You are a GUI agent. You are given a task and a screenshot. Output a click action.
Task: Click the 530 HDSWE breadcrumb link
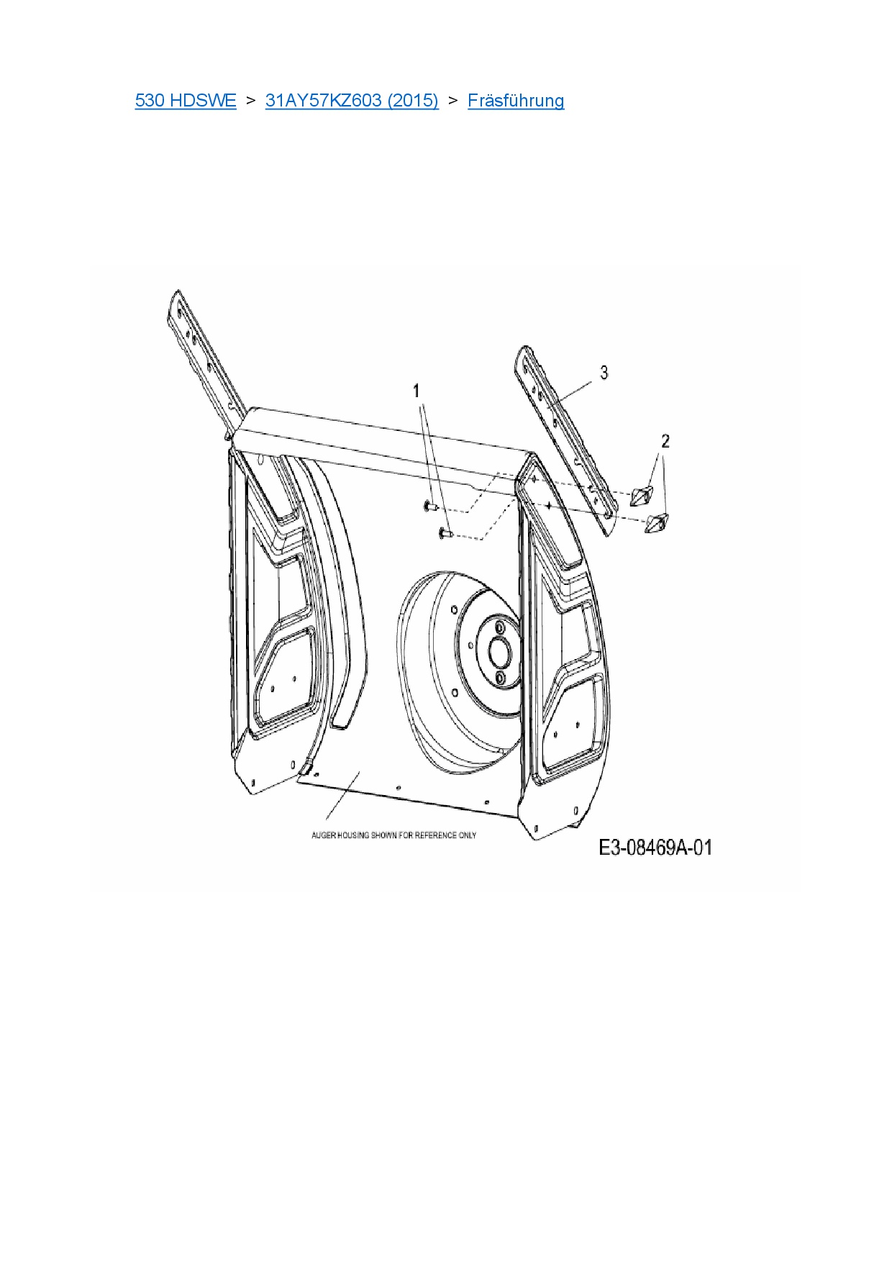click(185, 100)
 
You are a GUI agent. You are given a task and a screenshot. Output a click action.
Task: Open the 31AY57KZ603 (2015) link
click(352, 100)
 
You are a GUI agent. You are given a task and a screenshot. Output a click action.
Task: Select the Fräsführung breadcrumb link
click(515, 100)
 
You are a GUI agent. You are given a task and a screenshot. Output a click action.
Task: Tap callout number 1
click(416, 391)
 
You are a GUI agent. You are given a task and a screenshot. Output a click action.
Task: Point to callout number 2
click(665, 440)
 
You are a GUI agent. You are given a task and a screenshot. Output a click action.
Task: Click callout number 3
click(604, 372)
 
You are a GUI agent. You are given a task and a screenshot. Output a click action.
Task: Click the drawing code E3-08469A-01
click(655, 848)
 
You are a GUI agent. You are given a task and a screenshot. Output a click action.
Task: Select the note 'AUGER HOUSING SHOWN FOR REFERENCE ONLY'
click(393, 835)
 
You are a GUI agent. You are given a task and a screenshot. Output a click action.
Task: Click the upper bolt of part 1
click(429, 507)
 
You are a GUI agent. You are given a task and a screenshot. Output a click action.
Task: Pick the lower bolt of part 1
click(443, 533)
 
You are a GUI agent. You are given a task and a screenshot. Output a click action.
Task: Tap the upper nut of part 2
click(640, 496)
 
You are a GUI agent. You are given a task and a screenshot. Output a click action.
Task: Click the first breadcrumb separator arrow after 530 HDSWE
click(250, 100)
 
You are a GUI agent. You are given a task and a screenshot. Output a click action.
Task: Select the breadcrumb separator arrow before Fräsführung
click(452, 100)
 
